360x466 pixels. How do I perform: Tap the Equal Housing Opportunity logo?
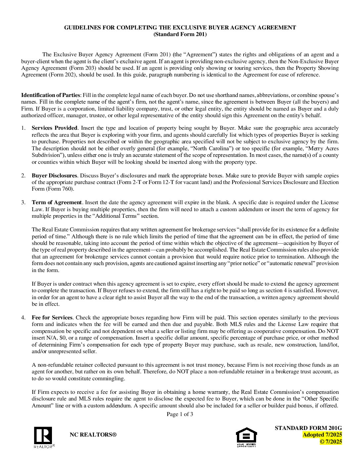pyautogui.click(x=246, y=437)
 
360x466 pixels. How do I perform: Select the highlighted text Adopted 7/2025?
pyautogui.click(x=322, y=435)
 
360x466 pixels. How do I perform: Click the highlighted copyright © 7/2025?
pyautogui.click(x=331, y=442)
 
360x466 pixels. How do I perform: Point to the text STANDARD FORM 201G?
pyautogui.click(x=308, y=428)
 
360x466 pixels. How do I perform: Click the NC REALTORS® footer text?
pyautogui.click(x=93, y=435)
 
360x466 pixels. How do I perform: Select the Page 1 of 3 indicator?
pyautogui.click(x=180, y=414)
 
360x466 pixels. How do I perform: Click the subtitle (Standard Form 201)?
pyautogui.click(x=180, y=34)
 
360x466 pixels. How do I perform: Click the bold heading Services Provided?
pyautogui.click(x=55, y=128)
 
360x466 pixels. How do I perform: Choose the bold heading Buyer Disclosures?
pyautogui.click(x=55, y=175)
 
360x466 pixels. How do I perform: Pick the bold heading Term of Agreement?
pyautogui.click(x=57, y=203)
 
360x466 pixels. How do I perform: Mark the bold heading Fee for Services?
pyautogui.click(x=52, y=318)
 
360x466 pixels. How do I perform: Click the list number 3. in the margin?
pyautogui.click(x=23, y=203)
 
